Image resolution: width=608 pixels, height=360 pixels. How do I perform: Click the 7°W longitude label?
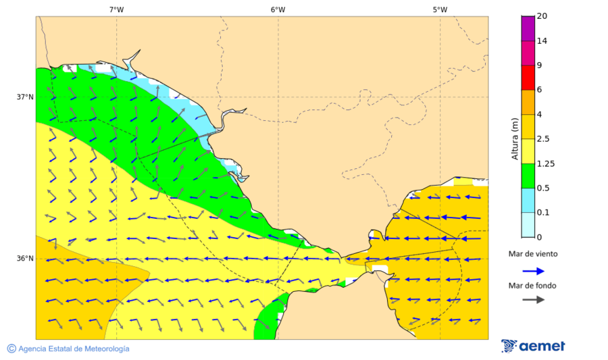pyautogui.click(x=116, y=9)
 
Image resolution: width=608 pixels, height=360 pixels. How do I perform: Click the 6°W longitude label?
pyautogui.click(x=278, y=9)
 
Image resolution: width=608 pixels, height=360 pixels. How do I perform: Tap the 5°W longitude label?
pyautogui.click(x=440, y=9)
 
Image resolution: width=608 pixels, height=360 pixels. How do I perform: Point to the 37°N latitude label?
pyautogui.click(x=25, y=97)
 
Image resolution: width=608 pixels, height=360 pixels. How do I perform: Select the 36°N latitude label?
pyautogui.click(x=25, y=259)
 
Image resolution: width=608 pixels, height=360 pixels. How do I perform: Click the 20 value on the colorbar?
pyautogui.click(x=542, y=16)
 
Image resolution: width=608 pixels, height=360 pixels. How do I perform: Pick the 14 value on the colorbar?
pyautogui.click(x=542, y=41)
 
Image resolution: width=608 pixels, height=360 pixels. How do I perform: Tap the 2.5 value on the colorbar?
pyautogui.click(x=543, y=139)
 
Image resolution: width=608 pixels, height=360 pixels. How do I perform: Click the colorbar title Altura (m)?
pyautogui.click(x=515, y=139)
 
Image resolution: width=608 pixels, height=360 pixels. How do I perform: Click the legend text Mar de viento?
pyautogui.click(x=533, y=254)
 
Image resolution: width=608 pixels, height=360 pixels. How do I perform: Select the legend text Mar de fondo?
pyautogui.click(x=532, y=286)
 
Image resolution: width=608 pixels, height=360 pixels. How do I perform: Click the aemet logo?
pyautogui.click(x=534, y=346)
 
